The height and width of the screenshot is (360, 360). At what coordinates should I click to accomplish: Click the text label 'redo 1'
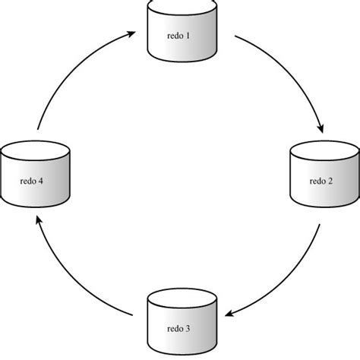[x=179, y=36]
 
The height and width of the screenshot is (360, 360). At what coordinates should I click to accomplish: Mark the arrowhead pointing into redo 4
[x=39, y=221]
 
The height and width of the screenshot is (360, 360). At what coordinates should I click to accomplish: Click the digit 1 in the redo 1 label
[x=190, y=36]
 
